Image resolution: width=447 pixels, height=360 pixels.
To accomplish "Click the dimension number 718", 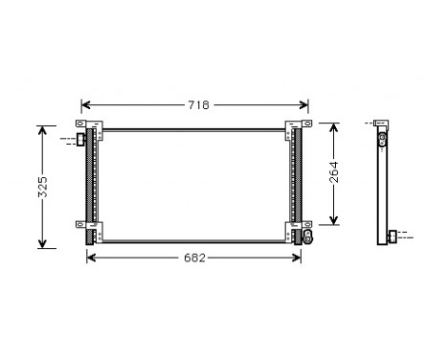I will (197, 103).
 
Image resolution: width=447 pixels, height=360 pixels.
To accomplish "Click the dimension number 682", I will (195, 258).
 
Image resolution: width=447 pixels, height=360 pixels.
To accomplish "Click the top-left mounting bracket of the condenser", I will (88, 125).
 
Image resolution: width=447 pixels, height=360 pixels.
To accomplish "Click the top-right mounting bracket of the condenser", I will (296, 125).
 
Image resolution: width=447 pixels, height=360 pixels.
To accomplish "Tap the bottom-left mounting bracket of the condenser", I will (88, 227).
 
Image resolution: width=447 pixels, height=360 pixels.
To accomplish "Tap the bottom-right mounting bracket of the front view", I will (296, 227).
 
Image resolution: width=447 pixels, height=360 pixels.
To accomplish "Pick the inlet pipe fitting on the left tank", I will (81, 140).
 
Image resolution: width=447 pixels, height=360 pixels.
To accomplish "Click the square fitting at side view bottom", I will (392, 235).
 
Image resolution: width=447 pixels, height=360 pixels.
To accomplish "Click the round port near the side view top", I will (382, 139).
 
